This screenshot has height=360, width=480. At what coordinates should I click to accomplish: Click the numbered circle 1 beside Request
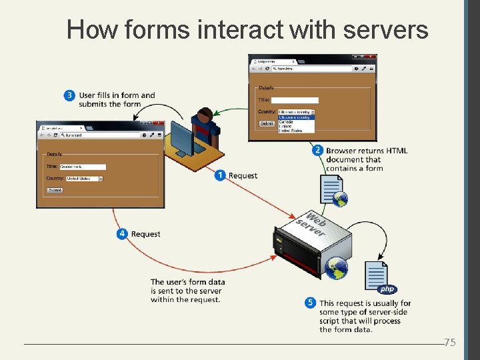(220, 175)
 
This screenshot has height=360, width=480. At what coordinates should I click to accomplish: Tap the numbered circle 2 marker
(318, 151)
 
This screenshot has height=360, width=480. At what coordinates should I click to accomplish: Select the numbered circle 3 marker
(69, 95)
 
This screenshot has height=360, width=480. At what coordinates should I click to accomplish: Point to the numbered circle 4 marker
(122, 234)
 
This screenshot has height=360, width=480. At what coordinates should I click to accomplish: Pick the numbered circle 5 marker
(310, 303)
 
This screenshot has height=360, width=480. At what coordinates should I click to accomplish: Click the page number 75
(450, 343)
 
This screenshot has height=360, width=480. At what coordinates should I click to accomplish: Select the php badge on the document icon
(387, 289)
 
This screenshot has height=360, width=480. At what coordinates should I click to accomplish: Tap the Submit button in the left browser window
(55, 190)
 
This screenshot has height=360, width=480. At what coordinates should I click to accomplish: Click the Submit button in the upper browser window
(267, 123)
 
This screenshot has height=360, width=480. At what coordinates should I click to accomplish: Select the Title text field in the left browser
(83, 167)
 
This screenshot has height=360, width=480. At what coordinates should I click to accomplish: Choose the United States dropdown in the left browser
(85, 179)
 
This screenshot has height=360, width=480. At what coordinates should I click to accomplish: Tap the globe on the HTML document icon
(341, 198)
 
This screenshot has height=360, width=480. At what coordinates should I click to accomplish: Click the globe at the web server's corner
(336, 267)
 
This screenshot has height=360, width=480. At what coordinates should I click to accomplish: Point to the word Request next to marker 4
(146, 234)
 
